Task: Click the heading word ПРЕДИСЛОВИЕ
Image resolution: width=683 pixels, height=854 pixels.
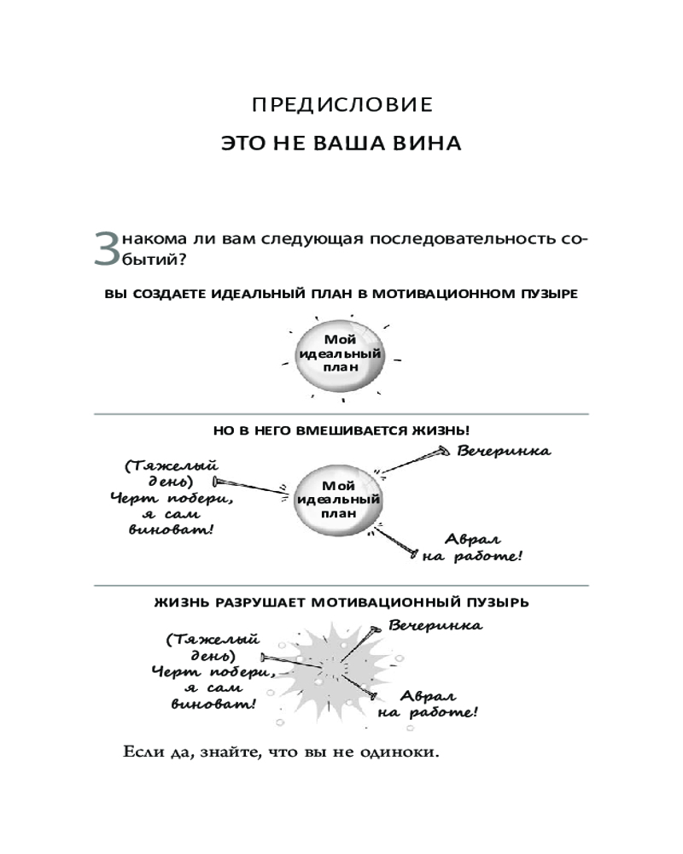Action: (342, 105)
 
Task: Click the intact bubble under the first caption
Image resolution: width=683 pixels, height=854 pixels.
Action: (339, 355)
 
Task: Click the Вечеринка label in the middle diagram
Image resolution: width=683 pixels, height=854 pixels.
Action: (504, 451)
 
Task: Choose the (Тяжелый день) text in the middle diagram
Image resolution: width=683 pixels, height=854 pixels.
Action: (168, 473)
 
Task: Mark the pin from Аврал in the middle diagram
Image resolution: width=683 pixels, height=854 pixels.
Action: (396, 540)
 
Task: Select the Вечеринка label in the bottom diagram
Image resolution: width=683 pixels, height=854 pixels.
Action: (435, 626)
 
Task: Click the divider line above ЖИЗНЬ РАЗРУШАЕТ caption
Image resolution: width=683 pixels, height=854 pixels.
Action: (341, 586)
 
